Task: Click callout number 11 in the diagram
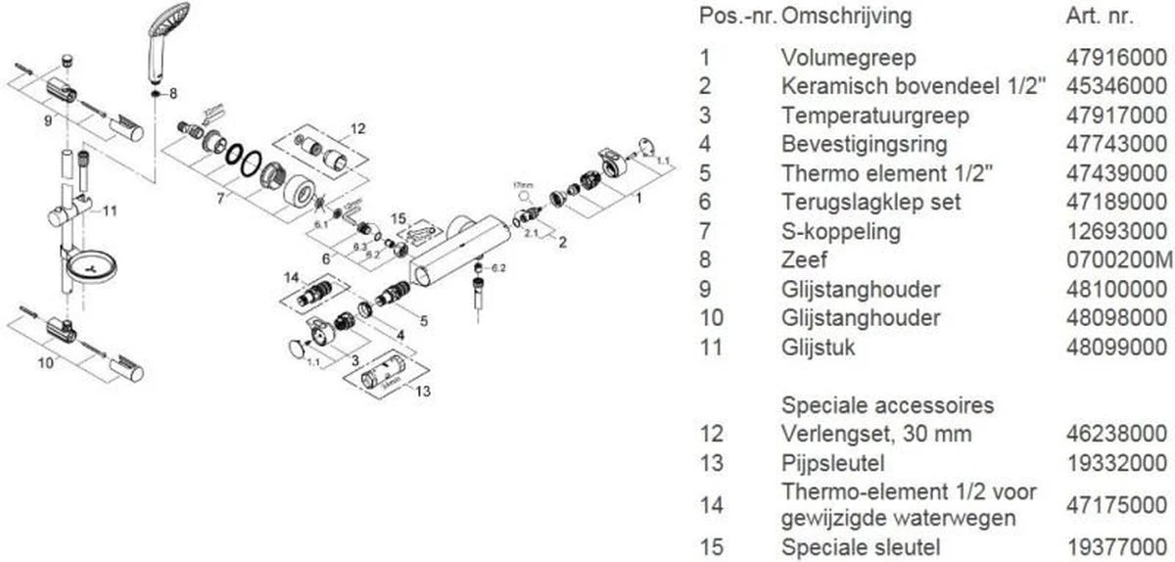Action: pos(110,210)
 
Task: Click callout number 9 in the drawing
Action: pos(46,121)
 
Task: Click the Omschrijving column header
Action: pos(847,17)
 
